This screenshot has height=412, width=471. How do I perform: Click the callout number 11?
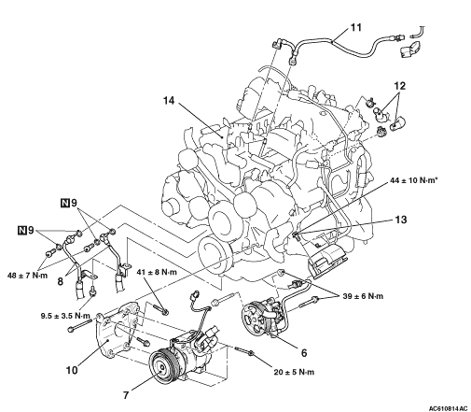pyautogui.click(x=356, y=27)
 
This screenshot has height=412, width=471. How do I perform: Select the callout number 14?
pyautogui.click(x=169, y=101)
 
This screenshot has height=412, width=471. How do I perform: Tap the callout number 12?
pyautogui.click(x=400, y=86)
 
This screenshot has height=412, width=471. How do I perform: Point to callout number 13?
pyautogui.click(x=401, y=220)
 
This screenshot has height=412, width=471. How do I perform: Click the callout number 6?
pyautogui.click(x=304, y=353)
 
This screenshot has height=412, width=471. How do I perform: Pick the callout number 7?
pyautogui.click(x=126, y=395)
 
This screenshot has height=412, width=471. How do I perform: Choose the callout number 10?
pyautogui.click(x=72, y=370)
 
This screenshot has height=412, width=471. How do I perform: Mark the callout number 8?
pyautogui.click(x=60, y=281)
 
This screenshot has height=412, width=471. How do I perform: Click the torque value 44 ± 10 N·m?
pyautogui.click(x=413, y=180)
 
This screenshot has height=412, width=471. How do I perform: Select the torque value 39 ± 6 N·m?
pyautogui.click(x=363, y=296)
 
